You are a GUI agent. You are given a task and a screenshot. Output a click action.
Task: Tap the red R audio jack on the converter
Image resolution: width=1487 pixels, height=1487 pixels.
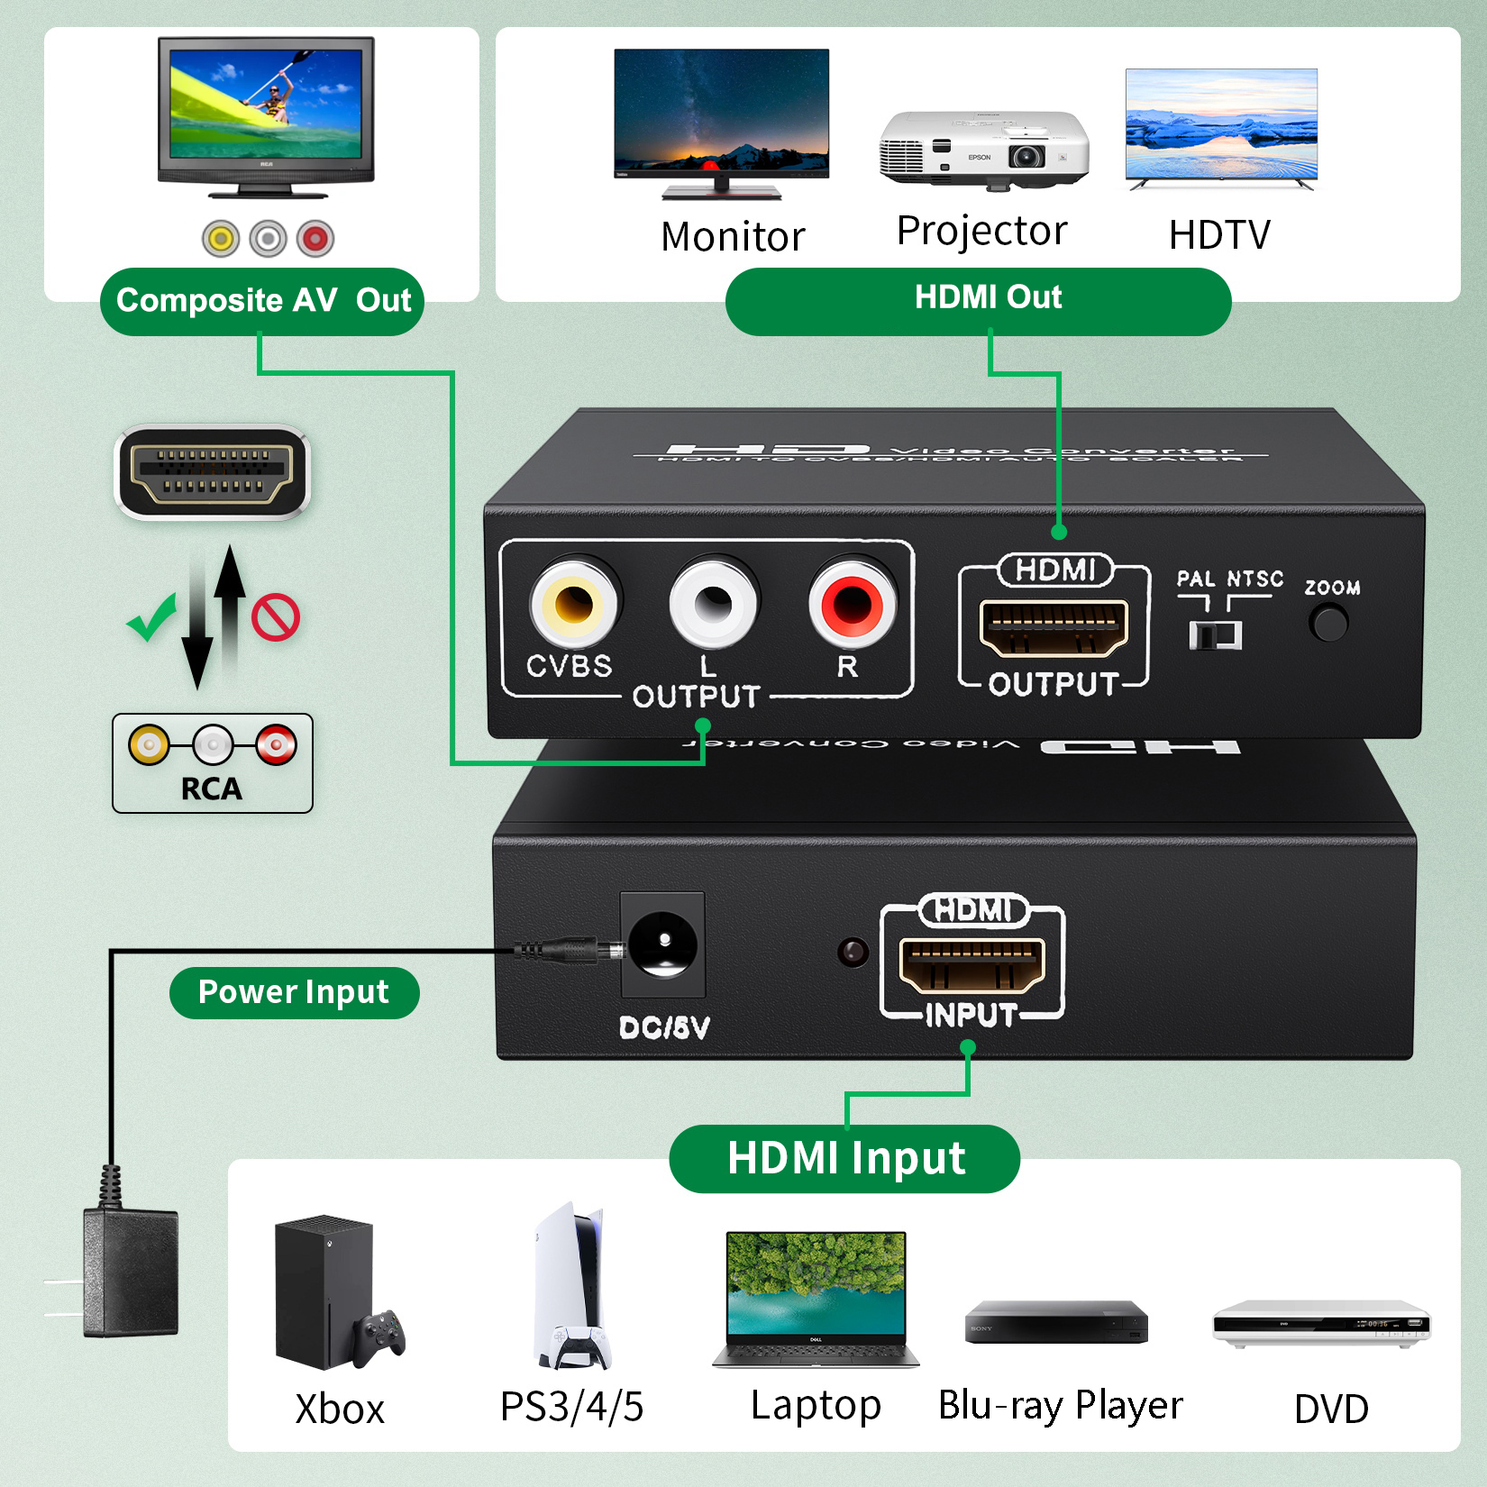(852, 604)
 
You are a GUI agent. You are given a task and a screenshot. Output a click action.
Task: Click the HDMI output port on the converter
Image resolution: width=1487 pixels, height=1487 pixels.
(1054, 626)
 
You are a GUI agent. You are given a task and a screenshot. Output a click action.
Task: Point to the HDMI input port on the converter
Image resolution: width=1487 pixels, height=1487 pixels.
(972, 963)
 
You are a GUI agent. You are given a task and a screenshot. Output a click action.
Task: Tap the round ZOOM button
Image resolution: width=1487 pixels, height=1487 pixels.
(1328, 623)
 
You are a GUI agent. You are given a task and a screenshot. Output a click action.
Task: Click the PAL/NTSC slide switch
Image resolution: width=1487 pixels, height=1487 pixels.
(1215, 634)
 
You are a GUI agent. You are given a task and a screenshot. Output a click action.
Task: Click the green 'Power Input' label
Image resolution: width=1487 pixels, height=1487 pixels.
(294, 992)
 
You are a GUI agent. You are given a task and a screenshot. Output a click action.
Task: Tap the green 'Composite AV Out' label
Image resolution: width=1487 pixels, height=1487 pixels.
(262, 301)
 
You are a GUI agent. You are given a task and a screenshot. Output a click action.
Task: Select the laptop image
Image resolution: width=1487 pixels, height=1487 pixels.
(816, 1298)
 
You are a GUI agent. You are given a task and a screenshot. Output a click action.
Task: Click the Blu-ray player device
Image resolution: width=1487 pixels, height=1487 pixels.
(1056, 1322)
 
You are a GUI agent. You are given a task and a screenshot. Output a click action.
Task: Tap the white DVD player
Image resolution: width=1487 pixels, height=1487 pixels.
(1321, 1323)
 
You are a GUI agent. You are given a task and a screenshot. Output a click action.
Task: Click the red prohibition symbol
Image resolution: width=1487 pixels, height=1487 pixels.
(276, 617)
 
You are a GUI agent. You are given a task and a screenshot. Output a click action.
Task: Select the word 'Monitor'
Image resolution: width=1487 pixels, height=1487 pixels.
(733, 237)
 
